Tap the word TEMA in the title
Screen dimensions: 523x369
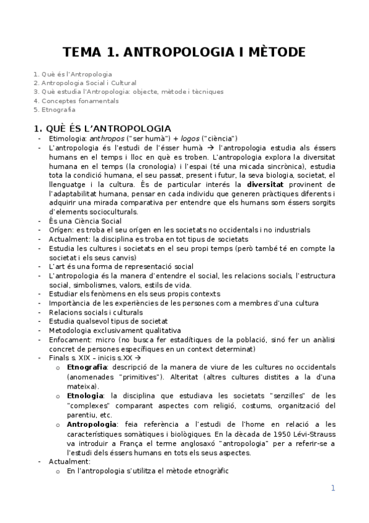[x=84, y=52]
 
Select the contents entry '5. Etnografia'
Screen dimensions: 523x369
[x=55, y=110]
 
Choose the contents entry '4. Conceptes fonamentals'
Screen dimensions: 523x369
[x=76, y=101]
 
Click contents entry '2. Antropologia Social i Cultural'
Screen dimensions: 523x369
[x=85, y=83]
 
